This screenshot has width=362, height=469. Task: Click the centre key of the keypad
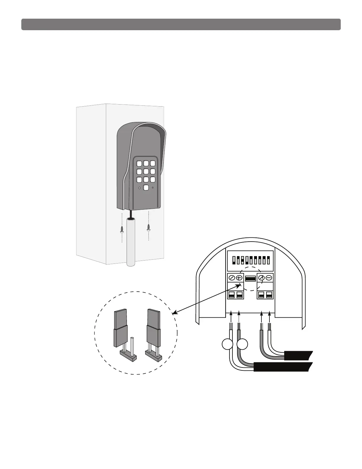pos(146,171)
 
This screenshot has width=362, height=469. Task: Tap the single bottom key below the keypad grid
pos(146,187)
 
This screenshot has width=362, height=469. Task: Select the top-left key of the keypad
pos(139,164)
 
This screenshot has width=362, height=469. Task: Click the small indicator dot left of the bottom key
pos(139,188)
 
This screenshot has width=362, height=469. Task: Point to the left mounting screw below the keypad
pos(122,229)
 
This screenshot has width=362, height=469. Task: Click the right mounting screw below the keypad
pos(148,227)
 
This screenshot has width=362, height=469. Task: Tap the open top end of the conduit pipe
pos(130,219)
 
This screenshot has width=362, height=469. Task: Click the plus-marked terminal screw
pos(239,278)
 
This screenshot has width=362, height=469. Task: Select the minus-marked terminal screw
pos(269,278)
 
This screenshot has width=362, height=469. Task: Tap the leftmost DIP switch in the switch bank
pos(234,260)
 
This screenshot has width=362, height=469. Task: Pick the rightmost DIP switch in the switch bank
pos(268,260)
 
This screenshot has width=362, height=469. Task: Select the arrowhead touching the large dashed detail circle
pos(174,313)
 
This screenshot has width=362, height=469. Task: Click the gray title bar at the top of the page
pos(181,25)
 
